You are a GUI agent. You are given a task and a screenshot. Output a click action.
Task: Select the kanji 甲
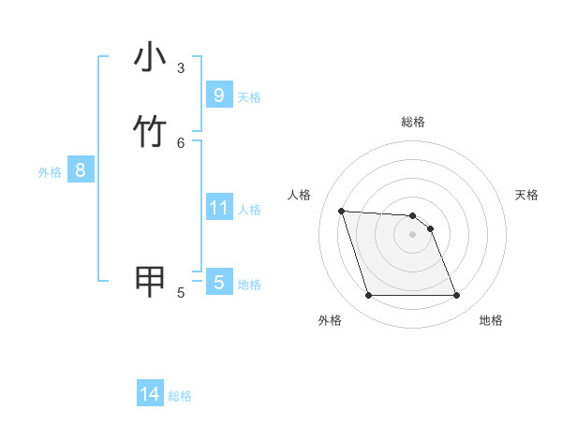(x=150, y=281)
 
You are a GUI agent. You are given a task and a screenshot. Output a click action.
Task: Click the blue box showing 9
(x=218, y=95)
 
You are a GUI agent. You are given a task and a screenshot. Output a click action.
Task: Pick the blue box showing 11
(x=218, y=207)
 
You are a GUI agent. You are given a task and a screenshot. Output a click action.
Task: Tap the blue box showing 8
(x=81, y=170)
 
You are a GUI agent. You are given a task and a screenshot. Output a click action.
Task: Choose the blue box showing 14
(x=150, y=394)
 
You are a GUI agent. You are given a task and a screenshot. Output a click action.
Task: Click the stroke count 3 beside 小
(x=181, y=67)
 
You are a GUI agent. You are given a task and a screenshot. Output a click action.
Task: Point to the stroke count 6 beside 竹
(x=181, y=142)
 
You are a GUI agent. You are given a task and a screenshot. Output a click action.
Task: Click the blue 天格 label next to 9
(x=249, y=97)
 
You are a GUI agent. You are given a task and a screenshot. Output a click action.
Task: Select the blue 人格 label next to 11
(x=250, y=210)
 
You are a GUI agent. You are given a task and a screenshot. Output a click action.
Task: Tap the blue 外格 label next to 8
(x=50, y=172)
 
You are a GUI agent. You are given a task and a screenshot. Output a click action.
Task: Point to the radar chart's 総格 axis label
(x=413, y=122)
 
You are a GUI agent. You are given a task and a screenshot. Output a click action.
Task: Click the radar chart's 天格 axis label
(x=526, y=195)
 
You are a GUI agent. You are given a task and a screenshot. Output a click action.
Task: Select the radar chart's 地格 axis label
(x=491, y=320)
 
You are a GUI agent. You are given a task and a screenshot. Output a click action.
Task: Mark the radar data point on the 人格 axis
(x=341, y=212)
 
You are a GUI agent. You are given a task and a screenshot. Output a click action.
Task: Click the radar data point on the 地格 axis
(x=457, y=296)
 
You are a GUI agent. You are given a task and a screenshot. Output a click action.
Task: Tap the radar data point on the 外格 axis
(x=368, y=296)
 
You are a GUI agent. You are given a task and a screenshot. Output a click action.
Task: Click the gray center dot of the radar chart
(x=413, y=235)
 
